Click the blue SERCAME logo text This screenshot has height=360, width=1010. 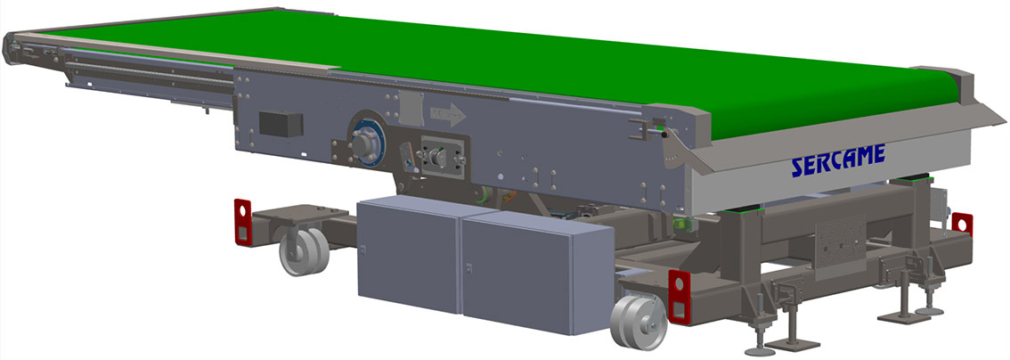click(838, 160)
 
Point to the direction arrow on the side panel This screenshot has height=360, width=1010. click(448, 115)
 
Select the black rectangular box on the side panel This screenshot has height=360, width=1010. click(281, 124)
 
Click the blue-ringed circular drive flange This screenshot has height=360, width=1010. click(367, 140)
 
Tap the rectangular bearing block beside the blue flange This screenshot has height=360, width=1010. click(442, 157)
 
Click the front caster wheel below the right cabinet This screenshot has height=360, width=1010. click(639, 322)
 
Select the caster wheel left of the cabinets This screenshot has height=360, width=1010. click(304, 250)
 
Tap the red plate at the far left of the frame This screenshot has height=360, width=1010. click(242, 222)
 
